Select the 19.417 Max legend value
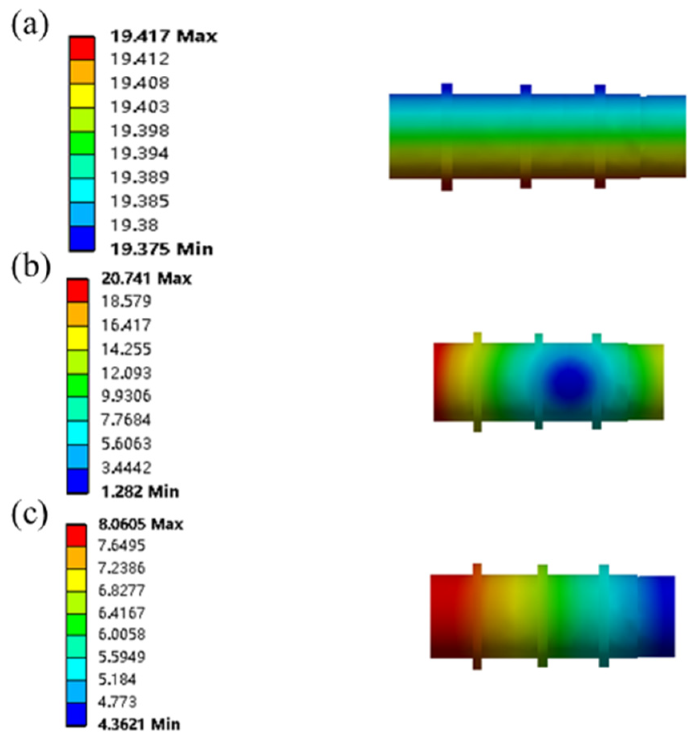pos(163,36)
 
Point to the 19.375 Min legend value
pos(161,249)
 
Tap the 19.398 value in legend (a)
pos(140,131)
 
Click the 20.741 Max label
pos(146,278)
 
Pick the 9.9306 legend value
pos(126,396)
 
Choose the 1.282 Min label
pos(140,492)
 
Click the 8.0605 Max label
pos(141,524)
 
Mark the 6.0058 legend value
pos(122,634)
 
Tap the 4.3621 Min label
pos(139,724)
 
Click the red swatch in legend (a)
pos(82,48)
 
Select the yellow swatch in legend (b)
pos(77,338)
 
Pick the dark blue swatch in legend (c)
pos(76,714)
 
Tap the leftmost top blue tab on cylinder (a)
pos(447,89)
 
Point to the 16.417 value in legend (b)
pos(126,325)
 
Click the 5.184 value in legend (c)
pos(117,679)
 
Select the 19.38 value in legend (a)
pos(134,226)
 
